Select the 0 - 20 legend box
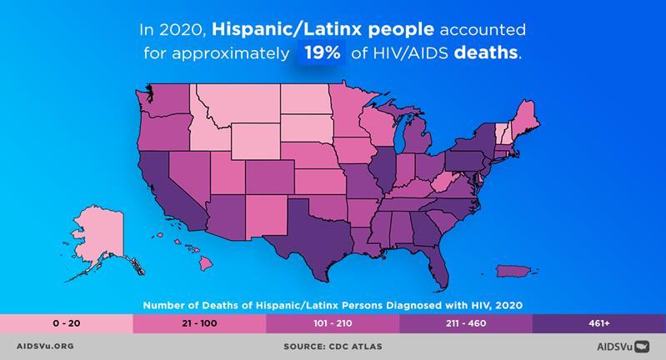[66, 322]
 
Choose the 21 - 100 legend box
[199, 322]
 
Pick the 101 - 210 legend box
[333, 322]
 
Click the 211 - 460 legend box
[465, 322]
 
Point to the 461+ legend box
[598, 322]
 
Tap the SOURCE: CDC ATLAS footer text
[333, 346]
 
